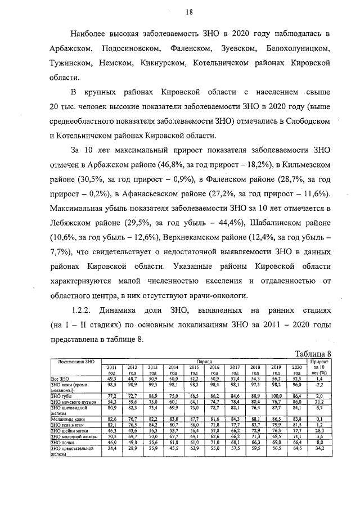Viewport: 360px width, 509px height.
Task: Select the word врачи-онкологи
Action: click(218, 296)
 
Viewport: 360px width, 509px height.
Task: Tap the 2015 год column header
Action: click(194, 370)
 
